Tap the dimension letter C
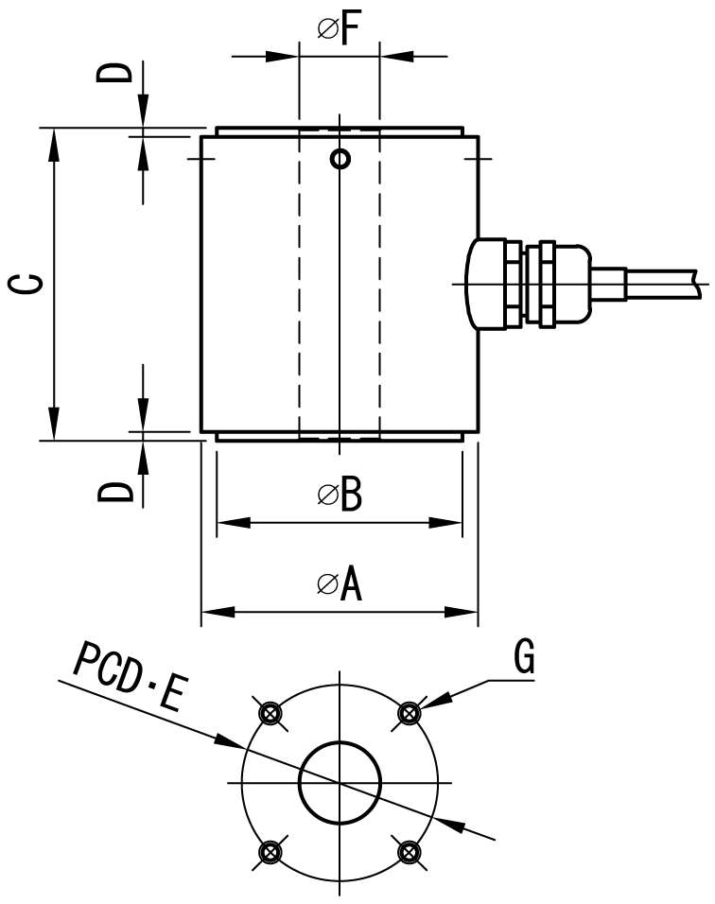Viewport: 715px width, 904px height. (26, 285)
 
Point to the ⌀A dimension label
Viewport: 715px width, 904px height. (340, 584)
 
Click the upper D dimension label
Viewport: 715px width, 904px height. (114, 73)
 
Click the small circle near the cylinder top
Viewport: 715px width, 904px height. (340, 159)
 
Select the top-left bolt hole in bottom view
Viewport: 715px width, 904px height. (270, 713)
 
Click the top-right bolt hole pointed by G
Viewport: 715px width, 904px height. (410, 713)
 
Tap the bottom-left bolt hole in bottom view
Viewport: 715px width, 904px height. (270, 852)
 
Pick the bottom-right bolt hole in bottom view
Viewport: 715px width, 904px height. (410, 852)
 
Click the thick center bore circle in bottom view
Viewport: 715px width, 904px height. (340, 742)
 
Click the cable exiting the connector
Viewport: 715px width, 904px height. (663, 284)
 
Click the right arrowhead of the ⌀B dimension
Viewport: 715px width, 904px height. (445, 523)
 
